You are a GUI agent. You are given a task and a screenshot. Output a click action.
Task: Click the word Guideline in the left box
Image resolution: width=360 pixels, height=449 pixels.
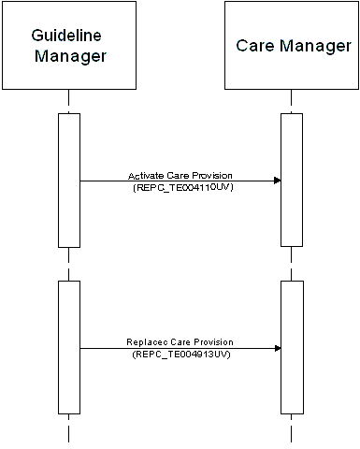(66, 35)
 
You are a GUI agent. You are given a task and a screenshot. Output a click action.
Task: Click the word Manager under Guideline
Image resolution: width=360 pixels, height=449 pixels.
(70, 55)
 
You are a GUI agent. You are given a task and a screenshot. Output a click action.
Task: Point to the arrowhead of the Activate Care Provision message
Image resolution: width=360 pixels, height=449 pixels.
(277, 181)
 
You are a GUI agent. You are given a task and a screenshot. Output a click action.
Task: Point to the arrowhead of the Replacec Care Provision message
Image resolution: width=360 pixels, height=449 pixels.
(277, 349)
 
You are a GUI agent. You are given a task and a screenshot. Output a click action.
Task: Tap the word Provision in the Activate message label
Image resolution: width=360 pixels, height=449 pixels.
(214, 174)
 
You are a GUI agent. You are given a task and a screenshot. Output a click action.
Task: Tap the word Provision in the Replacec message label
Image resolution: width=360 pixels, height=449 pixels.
(215, 342)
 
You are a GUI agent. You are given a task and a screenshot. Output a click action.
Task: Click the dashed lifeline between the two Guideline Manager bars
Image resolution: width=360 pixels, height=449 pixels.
(69, 264)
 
